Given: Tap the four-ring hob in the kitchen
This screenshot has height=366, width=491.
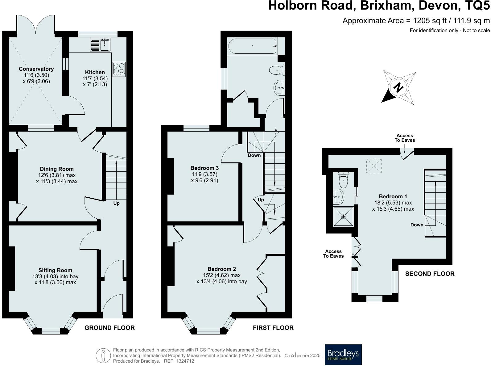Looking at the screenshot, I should pos(119,69).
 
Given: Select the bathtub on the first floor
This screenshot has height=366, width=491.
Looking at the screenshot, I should pos(252,46).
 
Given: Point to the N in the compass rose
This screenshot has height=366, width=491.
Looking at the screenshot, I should pos(398,87).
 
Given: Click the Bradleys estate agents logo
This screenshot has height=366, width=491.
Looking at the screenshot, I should pos(343,355).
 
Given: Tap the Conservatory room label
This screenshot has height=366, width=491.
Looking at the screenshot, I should pos(36,69).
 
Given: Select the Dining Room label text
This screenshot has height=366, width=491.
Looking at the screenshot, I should pos(57,169).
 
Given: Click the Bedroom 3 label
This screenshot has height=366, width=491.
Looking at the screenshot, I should pos(204,168).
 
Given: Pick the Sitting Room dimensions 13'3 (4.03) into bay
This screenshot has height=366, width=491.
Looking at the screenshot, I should pos(55,276).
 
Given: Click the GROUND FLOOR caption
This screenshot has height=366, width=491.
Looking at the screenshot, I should pos(109,328).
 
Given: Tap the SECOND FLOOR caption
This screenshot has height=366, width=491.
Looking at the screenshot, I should pos(430,274).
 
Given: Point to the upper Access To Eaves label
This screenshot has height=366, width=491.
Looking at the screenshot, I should pos(405,138).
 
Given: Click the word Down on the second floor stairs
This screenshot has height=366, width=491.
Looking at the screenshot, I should pos(417,225).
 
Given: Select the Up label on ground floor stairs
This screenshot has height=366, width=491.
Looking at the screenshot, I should pos(116,203).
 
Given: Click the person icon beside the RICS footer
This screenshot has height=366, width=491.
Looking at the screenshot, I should pos(103,355).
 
